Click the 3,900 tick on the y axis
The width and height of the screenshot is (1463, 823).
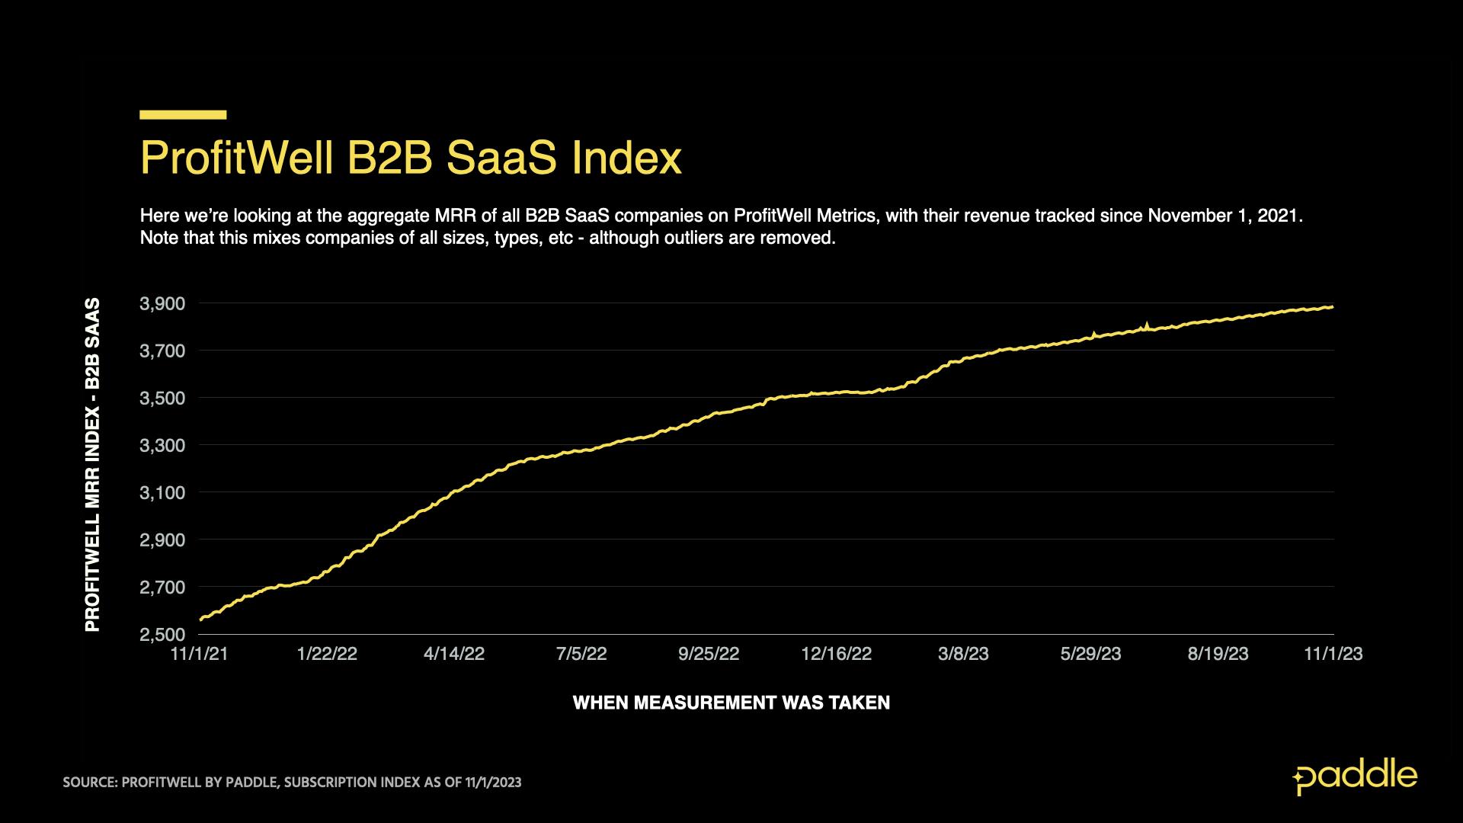pyautogui.click(x=162, y=304)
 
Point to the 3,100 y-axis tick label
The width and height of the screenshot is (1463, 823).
pyautogui.click(x=162, y=493)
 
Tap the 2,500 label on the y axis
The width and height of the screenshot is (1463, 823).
pyautogui.click(x=162, y=635)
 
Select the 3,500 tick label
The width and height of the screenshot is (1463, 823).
pyautogui.click(x=162, y=399)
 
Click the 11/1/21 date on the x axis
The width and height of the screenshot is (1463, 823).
pyautogui.click(x=200, y=654)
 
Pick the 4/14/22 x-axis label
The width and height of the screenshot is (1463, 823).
pyautogui.click(x=454, y=654)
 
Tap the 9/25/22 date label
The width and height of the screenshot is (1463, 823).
pyautogui.click(x=709, y=654)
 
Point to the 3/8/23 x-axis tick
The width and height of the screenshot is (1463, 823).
pyautogui.click(x=963, y=654)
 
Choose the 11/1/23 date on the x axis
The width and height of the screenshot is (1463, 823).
pyautogui.click(x=1333, y=654)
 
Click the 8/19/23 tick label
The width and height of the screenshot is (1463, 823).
pyautogui.click(x=1218, y=654)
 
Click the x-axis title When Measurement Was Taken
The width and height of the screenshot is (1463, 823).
pyautogui.click(x=731, y=703)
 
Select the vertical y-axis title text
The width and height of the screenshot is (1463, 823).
pyautogui.click(x=92, y=465)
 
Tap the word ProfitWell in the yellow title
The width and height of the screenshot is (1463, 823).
pyautogui.click(x=237, y=159)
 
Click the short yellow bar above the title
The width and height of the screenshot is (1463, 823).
pyautogui.click(x=183, y=115)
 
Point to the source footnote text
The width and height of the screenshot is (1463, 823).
pyautogui.click(x=292, y=783)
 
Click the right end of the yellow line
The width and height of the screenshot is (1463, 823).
pyautogui.click(x=1331, y=307)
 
